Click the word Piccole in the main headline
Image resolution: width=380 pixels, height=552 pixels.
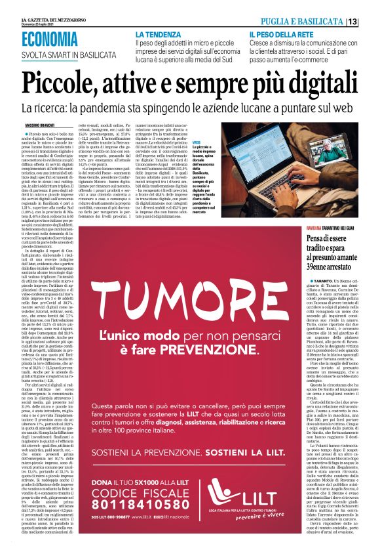[x=62, y=84]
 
